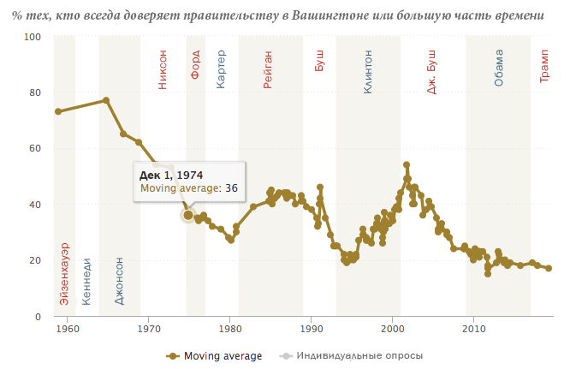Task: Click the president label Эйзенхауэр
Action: (x=65, y=273)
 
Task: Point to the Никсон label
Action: (x=163, y=69)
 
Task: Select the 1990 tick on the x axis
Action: (x=311, y=329)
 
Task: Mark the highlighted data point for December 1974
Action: (x=188, y=215)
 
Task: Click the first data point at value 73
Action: (x=58, y=111)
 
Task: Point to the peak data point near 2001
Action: (x=407, y=164)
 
